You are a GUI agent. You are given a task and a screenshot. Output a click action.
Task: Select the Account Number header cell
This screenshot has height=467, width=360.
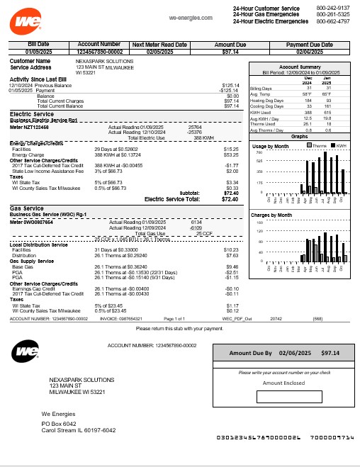pos(99,45)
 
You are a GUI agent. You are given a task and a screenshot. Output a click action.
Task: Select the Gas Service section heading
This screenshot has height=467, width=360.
pos(27,208)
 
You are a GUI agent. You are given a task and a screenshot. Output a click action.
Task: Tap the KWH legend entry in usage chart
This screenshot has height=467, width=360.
pos(338,145)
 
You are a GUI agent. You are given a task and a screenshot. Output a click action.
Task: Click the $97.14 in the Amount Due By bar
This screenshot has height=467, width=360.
pos(330,352)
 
